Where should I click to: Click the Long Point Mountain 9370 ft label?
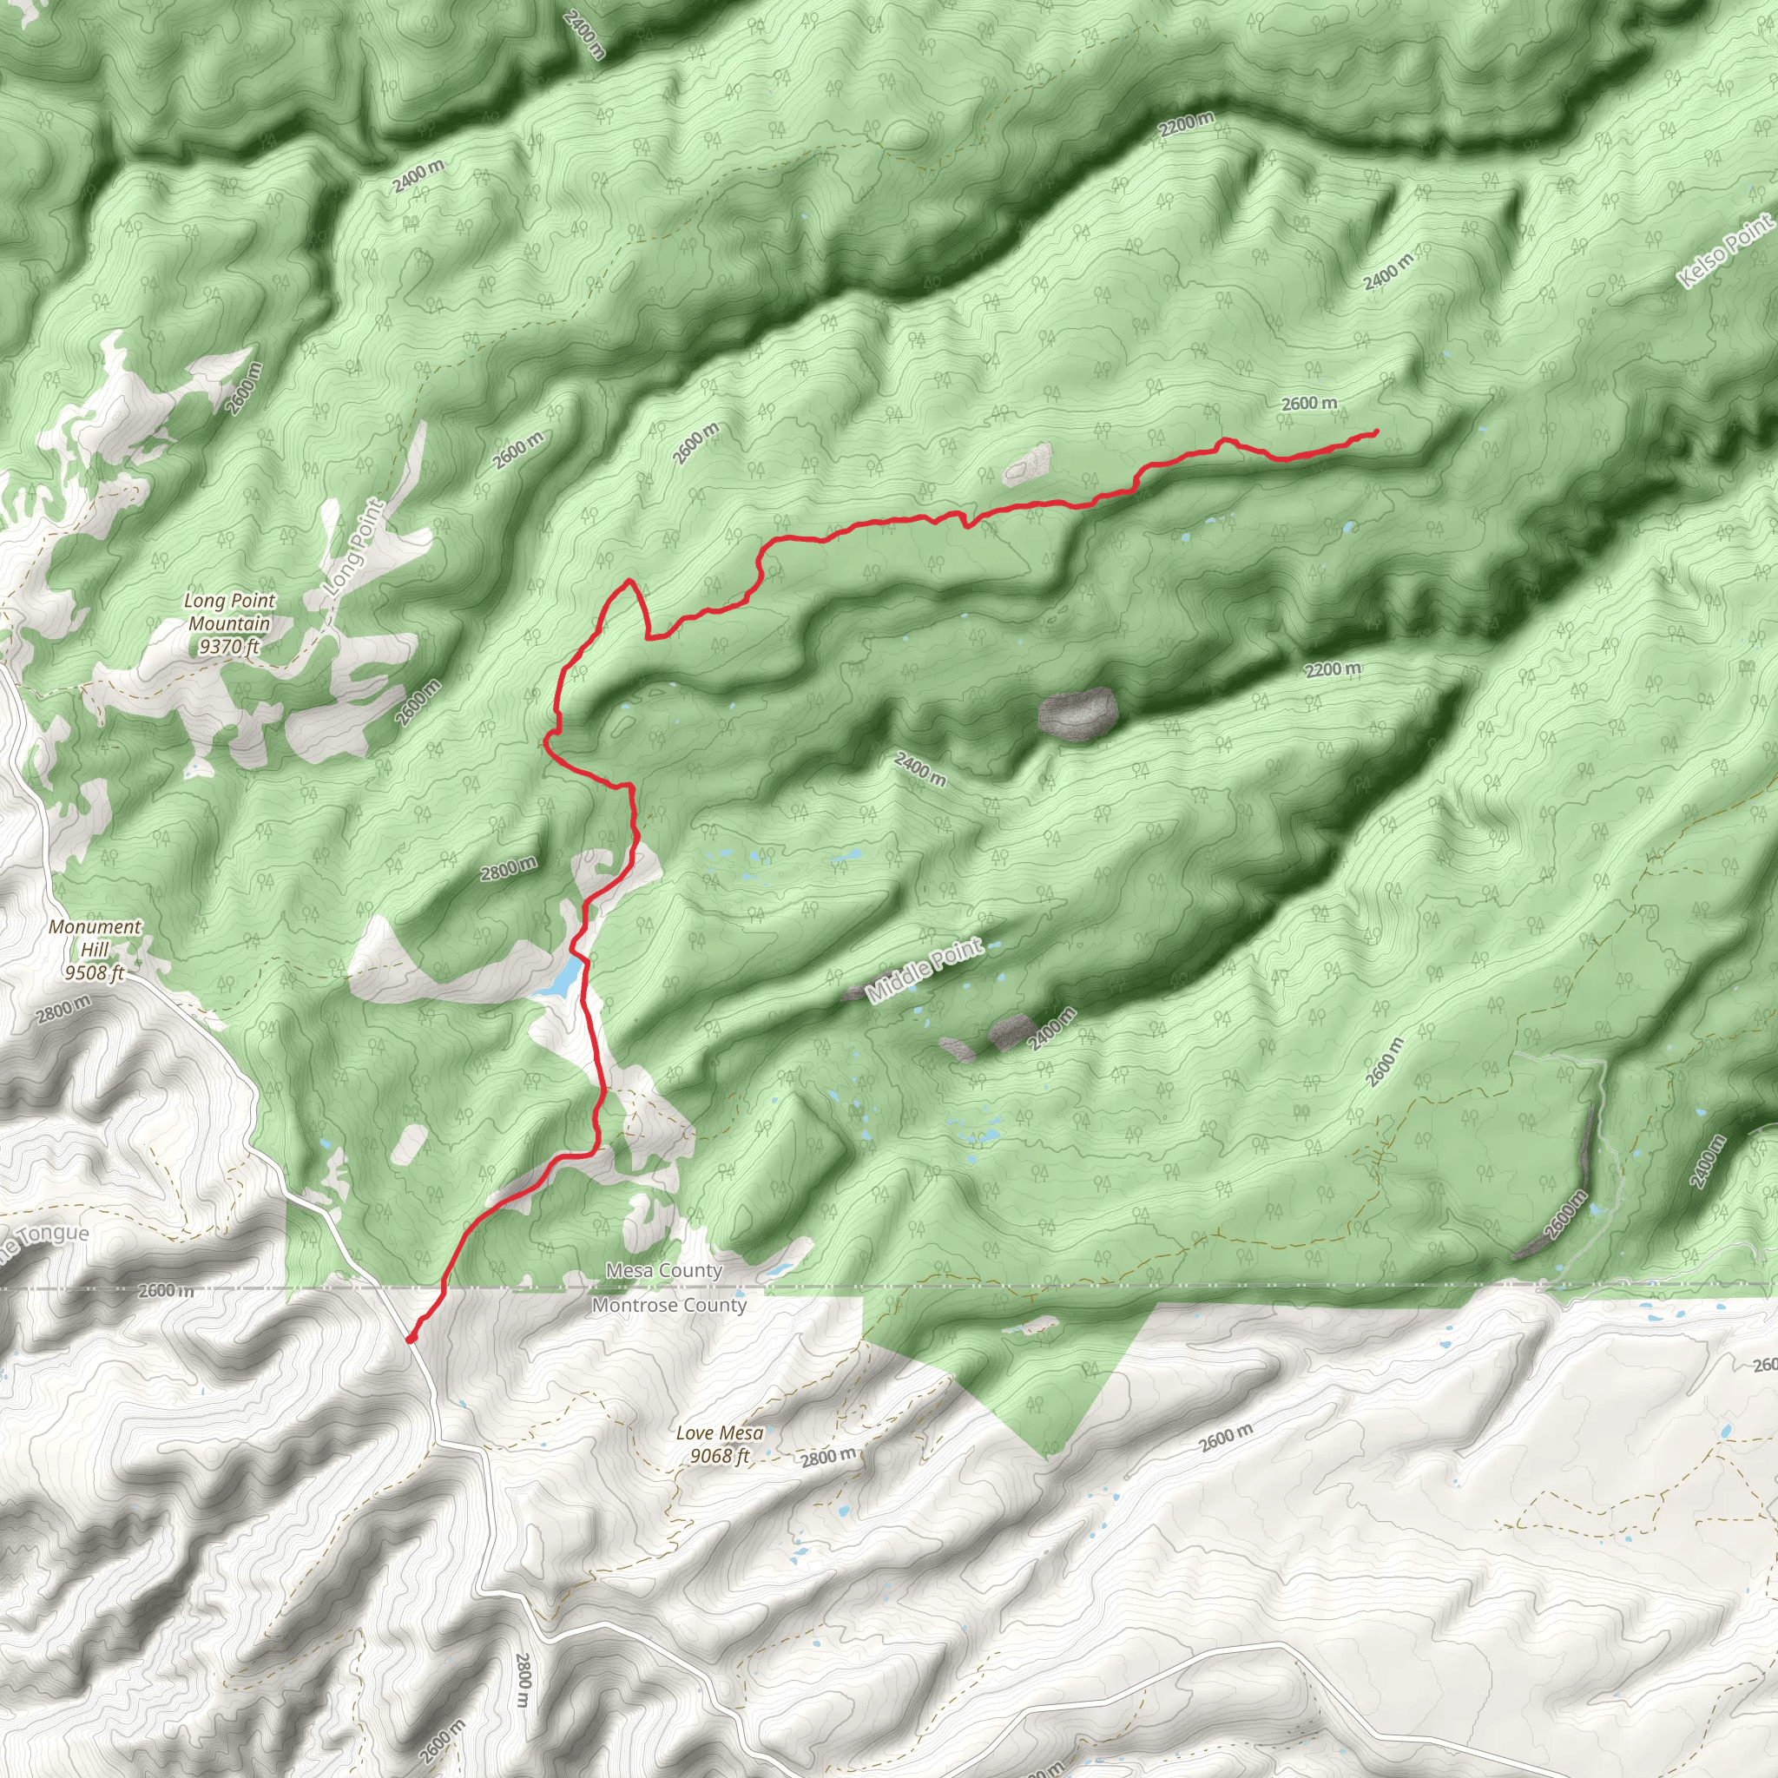[x=229, y=623]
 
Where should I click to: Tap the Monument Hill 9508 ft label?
[x=95, y=949]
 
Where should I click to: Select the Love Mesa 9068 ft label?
[x=719, y=1444]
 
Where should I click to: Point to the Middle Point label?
[x=925, y=971]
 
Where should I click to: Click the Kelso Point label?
[x=1725, y=250]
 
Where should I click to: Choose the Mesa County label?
[x=663, y=1271]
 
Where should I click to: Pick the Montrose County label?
[x=669, y=1305]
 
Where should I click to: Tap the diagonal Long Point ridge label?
[x=355, y=545]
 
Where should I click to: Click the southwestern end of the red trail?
[x=411, y=1339]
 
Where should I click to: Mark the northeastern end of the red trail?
[x=1376, y=431]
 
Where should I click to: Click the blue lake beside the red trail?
[x=561, y=978]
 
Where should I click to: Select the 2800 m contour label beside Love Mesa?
[x=828, y=1456]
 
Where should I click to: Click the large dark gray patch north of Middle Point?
[x=1077, y=714]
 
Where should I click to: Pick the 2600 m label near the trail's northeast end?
[x=1308, y=403]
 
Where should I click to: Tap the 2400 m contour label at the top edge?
[x=584, y=34]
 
